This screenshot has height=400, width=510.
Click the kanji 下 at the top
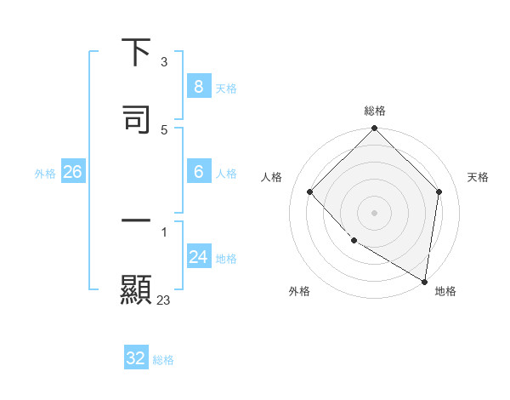point(136,52)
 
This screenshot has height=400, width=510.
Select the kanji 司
point(136,118)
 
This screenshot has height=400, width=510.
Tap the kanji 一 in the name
point(136,222)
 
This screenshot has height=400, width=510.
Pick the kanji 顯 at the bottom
point(136,289)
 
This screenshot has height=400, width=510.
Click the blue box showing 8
point(198,86)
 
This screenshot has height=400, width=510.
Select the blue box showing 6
point(198,171)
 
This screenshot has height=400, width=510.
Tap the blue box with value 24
point(198,256)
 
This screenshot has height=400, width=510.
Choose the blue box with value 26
point(72,172)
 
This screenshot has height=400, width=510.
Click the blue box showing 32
point(136,358)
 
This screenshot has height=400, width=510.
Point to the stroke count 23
point(164,300)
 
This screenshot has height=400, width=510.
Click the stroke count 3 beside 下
point(164,62)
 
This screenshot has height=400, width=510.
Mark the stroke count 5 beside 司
point(164,129)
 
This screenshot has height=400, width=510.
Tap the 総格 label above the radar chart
point(375,111)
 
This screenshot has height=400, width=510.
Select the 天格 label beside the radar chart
point(479,177)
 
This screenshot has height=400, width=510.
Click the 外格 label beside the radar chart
point(298,291)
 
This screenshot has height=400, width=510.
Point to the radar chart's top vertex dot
point(374,129)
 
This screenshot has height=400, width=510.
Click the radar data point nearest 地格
point(424,280)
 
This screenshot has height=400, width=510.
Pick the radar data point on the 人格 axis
point(310,192)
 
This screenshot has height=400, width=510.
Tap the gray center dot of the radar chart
point(374,212)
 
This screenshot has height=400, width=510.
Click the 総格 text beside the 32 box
point(163,360)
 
